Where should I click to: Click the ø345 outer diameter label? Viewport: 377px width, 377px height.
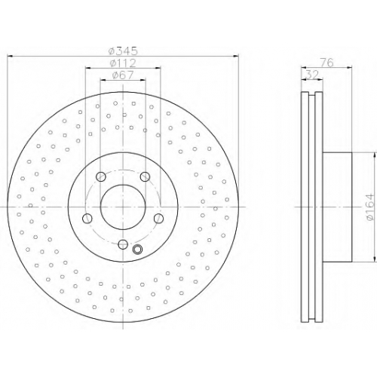[x=123, y=51]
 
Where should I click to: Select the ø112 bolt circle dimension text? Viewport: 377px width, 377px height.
[x=123, y=63]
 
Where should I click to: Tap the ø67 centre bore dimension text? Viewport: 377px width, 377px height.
[x=123, y=75]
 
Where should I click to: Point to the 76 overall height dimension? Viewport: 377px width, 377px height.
[x=326, y=63]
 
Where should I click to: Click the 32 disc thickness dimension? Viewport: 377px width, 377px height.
[x=312, y=75]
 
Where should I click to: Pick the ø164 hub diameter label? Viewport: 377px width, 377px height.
[x=370, y=207]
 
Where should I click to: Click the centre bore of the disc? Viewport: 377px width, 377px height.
[x=123, y=207]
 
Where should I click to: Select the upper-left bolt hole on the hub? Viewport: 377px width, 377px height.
[x=101, y=176]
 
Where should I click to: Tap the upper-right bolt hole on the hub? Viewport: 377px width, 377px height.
[x=145, y=176]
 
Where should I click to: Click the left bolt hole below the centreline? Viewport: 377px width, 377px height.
[x=87, y=219]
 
